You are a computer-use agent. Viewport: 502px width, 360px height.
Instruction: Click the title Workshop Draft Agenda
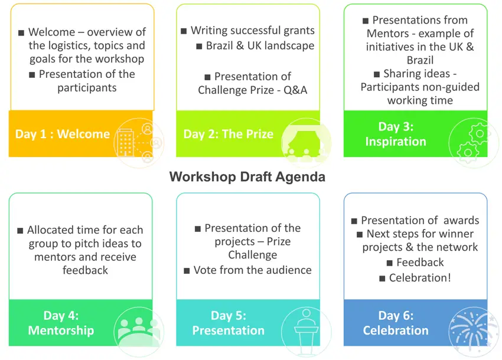tap(247, 176)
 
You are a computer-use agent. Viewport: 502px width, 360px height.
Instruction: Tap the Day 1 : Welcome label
tap(63, 134)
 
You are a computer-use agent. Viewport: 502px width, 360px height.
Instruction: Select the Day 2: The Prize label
tap(229, 134)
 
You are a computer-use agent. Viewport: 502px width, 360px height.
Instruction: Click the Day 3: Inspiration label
tap(396, 134)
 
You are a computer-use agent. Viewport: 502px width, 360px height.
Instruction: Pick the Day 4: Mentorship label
tap(61, 323)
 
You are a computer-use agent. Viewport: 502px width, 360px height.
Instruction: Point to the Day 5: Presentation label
tap(229, 323)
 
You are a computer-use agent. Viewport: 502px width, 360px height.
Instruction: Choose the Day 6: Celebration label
tap(396, 323)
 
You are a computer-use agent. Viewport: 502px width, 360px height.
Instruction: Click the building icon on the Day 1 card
tap(125, 142)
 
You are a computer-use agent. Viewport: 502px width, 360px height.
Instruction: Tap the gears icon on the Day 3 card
tap(474, 143)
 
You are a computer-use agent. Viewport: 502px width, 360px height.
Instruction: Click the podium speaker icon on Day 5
tap(307, 331)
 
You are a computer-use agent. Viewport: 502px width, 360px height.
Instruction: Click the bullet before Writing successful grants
tap(184, 31)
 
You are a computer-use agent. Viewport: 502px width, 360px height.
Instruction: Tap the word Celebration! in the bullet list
tap(420, 278)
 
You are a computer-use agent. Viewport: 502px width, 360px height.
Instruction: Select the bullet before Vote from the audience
tap(187, 271)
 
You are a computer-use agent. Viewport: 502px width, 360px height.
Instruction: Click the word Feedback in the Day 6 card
tap(420, 263)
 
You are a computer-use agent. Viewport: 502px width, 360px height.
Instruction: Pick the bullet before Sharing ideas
tap(377, 74)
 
